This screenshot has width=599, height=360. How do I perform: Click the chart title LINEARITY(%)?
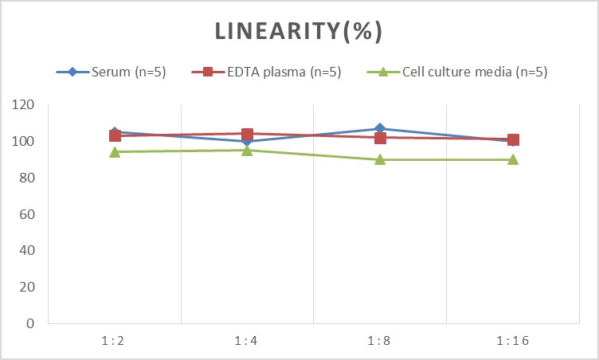(x=299, y=31)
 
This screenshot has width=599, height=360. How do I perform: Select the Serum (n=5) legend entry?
(x=112, y=72)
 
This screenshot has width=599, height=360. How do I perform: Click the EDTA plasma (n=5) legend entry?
(x=266, y=72)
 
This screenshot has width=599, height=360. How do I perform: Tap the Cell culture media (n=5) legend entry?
(x=457, y=72)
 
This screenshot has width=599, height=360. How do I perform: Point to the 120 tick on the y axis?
(x=23, y=104)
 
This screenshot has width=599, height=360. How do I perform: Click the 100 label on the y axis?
(x=23, y=141)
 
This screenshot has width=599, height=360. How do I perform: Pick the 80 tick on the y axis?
(x=27, y=178)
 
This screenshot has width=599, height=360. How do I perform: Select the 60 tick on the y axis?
(x=27, y=214)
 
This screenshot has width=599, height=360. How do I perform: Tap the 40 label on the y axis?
(x=27, y=250)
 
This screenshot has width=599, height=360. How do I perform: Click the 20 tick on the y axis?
(x=27, y=287)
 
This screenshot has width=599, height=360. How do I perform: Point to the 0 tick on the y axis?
(x=30, y=323)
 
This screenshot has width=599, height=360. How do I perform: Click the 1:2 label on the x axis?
(x=113, y=341)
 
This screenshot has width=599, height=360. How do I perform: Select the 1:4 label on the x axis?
(x=246, y=341)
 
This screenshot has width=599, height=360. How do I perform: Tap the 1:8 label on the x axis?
(x=379, y=341)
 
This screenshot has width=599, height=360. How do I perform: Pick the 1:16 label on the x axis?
(x=513, y=341)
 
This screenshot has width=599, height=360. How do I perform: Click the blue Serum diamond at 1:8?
(x=380, y=128)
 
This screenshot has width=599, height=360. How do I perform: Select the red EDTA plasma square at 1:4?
(x=247, y=134)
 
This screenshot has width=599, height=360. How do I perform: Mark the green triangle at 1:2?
(x=115, y=152)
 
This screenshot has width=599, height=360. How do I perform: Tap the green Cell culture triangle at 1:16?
(x=513, y=159)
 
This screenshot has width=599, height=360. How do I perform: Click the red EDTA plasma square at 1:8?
(x=380, y=138)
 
